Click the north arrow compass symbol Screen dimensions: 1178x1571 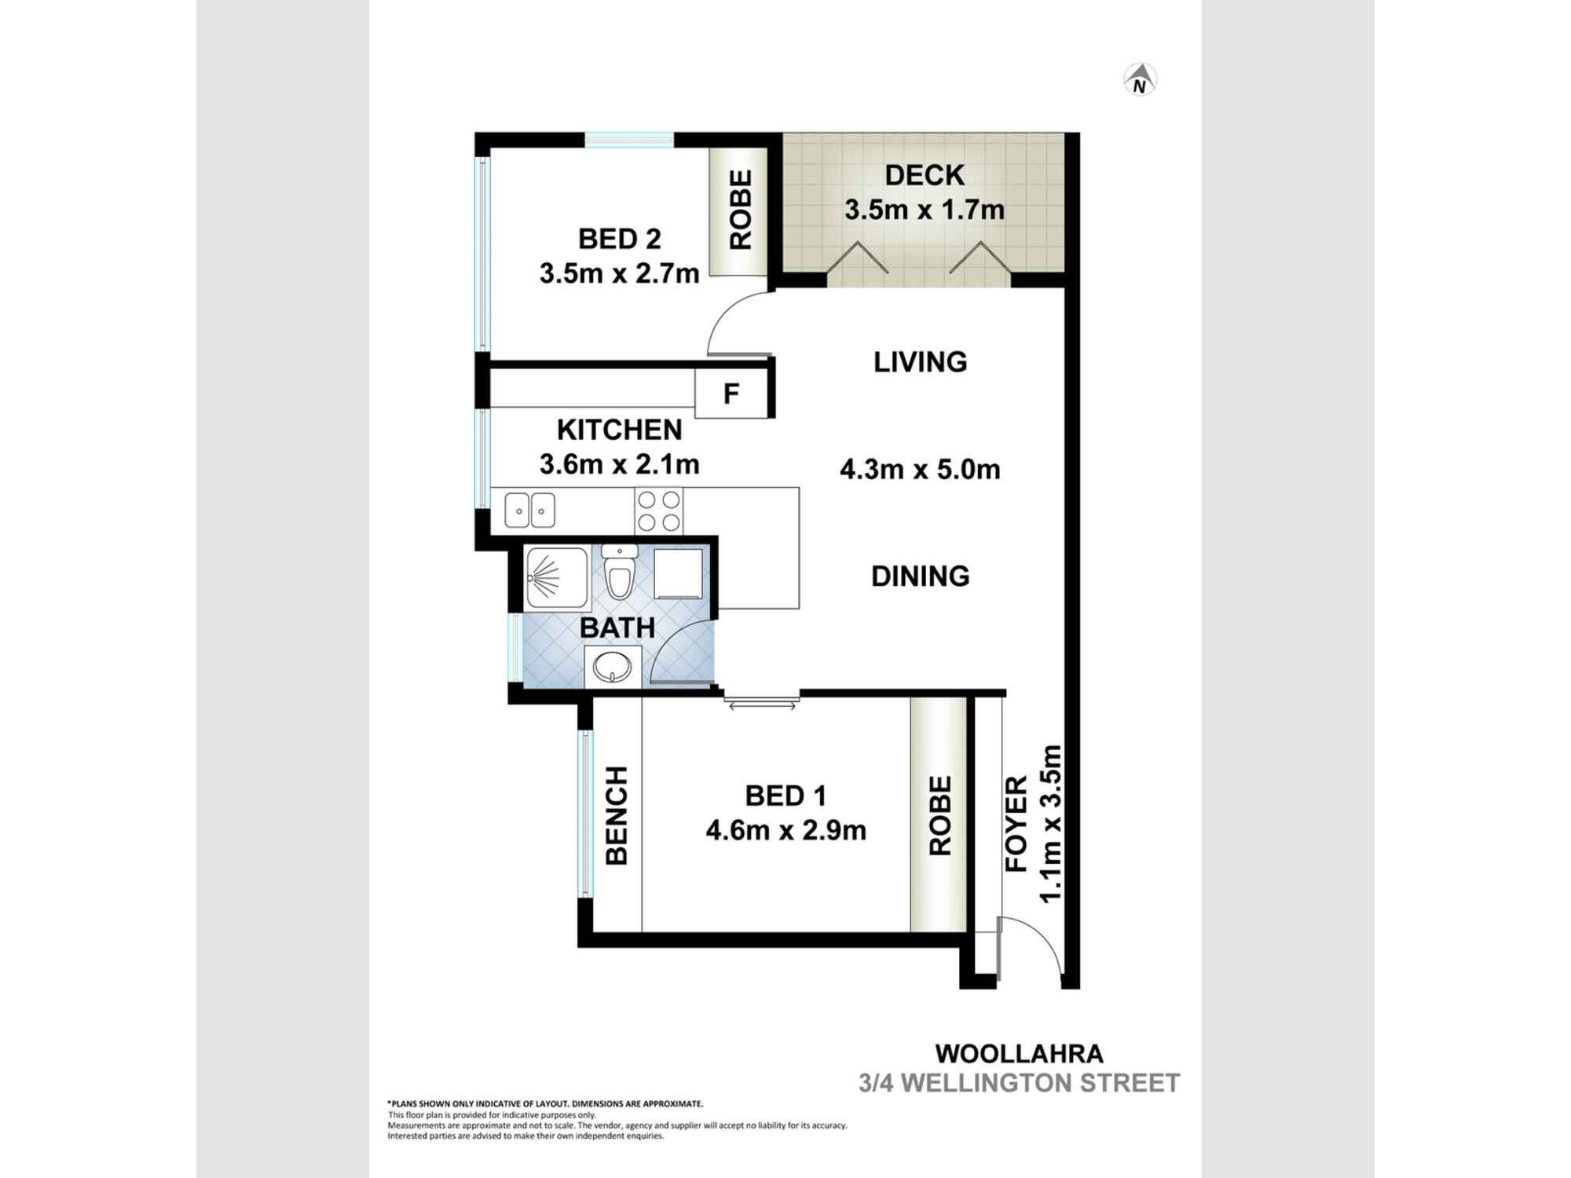pyautogui.click(x=1141, y=80)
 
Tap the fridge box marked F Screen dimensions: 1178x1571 pyautogui.click(x=731, y=393)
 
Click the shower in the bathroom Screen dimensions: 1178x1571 pyautogui.click(x=556, y=578)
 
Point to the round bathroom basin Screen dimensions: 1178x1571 pyautogui.click(x=612, y=669)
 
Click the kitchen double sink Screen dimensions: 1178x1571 pyautogui.click(x=529, y=510)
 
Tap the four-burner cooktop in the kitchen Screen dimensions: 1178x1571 pyautogui.click(x=658, y=510)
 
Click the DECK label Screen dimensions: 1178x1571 pyautogui.click(x=925, y=175)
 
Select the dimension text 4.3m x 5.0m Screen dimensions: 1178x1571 pyautogui.click(x=920, y=470)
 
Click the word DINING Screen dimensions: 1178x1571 pyautogui.click(x=920, y=576)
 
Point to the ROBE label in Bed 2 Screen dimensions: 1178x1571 pyautogui.click(x=741, y=210)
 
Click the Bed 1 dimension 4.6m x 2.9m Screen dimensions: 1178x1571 pyautogui.click(x=785, y=830)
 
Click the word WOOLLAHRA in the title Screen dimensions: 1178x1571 pyautogui.click(x=1019, y=1053)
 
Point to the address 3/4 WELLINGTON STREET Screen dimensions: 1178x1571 pyautogui.click(x=1019, y=1083)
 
